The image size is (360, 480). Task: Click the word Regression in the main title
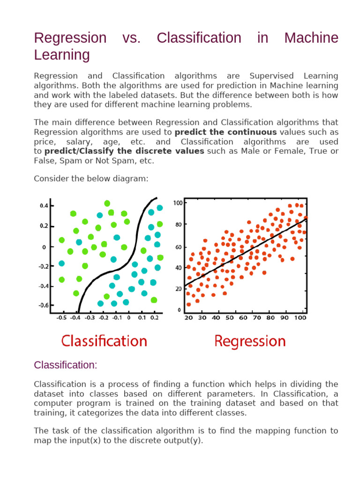tap(70, 38)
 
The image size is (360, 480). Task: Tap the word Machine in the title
tap(311, 38)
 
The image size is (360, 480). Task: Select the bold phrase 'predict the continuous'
tap(225, 132)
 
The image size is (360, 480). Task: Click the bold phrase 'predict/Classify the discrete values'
tap(124, 151)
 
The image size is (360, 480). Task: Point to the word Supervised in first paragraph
tap(271, 76)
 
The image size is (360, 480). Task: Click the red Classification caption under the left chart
tap(104, 341)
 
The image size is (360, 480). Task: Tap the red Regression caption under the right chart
tap(250, 341)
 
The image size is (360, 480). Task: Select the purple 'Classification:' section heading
tap(66, 365)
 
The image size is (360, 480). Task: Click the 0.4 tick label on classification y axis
tap(44, 206)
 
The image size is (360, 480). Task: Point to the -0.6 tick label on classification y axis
tap(44, 305)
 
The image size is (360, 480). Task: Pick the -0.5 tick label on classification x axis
tap(61, 318)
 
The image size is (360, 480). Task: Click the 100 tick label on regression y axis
tap(178, 203)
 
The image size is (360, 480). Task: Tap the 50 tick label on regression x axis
tap(230, 318)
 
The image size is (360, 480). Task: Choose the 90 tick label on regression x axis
tap(285, 318)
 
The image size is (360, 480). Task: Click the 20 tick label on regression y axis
tap(179, 289)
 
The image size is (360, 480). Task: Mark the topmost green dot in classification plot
tap(107, 203)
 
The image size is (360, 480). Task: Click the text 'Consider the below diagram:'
tap(91, 179)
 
